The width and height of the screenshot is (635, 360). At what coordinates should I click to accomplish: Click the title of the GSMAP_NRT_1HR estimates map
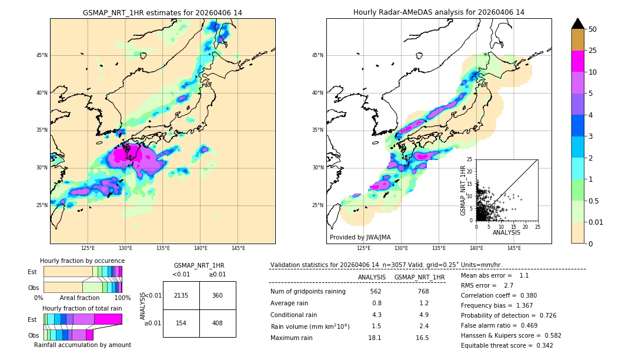[x=162, y=12]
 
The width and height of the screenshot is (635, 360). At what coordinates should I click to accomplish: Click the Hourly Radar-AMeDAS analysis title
[x=439, y=12]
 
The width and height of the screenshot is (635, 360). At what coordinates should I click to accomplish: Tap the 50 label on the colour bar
[x=593, y=29]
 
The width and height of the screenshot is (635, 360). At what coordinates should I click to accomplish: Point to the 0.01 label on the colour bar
[x=596, y=222]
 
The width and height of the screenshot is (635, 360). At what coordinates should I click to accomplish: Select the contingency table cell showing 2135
[x=181, y=295]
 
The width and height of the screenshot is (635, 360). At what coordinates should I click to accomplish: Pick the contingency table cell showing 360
[x=218, y=295]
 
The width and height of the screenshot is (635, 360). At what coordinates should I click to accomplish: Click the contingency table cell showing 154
[x=181, y=323]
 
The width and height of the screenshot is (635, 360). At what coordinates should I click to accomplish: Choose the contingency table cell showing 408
[x=218, y=323]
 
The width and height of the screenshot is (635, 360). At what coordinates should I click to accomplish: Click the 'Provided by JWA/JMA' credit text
[x=360, y=238]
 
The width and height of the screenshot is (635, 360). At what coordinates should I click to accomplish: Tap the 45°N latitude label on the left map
[x=42, y=55]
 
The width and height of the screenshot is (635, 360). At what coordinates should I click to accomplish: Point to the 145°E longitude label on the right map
[x=514, y=249]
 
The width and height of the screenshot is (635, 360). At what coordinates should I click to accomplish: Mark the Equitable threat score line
[x=507, y=345]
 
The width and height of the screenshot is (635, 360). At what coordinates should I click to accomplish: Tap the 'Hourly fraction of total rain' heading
[x=82, y=308]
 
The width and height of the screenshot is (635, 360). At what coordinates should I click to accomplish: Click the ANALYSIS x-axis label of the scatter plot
[x=506, y=233]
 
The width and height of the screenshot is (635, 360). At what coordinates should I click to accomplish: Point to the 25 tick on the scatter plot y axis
[x=470, y=159]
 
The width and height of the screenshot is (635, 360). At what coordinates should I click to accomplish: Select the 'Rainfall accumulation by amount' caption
[x=82, y=345]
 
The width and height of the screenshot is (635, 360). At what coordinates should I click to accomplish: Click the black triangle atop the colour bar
[x=578, y=24]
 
